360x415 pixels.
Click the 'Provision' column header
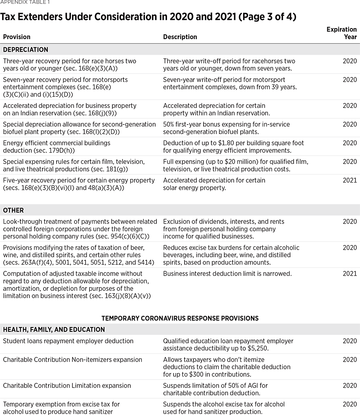(x=17, y=37)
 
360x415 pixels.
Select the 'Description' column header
(x=180, y=37)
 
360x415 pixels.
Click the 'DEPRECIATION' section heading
(x=26, y=50)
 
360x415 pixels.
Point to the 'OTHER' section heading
(x=13, y=211)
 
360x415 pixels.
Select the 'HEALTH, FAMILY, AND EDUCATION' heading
(x=54, y=329)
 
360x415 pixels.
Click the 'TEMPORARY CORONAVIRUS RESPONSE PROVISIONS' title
(x=180, y=318)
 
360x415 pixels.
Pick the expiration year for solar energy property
(x=349, y=180)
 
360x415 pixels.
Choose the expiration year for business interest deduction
(x=349, y=274)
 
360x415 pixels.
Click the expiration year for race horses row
(x=349, y=61)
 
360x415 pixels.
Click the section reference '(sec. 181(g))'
(x=112, y=169)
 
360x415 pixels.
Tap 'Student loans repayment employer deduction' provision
(x=68, y=341)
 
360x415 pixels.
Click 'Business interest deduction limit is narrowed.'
(x=227, y=274)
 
